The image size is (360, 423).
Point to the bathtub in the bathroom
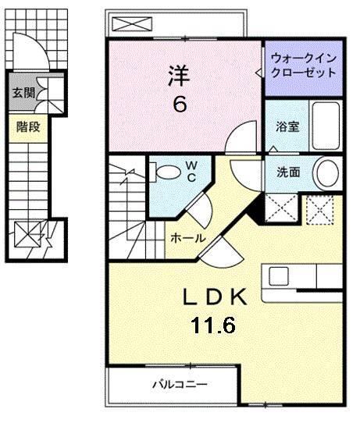(x=322, y=126)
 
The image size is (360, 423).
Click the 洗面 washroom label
(x=287, y=172)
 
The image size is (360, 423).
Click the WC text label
(x=191, y=170)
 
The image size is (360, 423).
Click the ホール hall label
(x=188, y=237)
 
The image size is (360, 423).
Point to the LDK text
(x=215, y=297)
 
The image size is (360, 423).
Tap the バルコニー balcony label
(x=179, y=384)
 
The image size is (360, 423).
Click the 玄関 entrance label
(x=23, y=93)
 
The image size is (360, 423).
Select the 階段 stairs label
(x=28, y=126)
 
